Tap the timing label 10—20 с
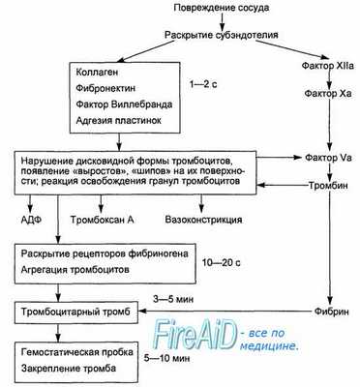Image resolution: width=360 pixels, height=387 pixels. point(244,260)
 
